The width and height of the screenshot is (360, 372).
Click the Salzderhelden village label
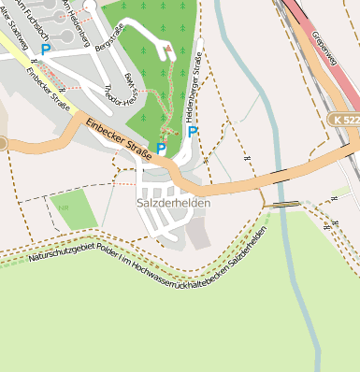pos(173,203)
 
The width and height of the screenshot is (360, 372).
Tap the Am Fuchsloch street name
pos(37,19)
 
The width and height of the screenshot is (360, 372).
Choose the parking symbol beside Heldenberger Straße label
pos(193,132)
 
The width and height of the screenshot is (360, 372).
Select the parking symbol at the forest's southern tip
pos(161,149)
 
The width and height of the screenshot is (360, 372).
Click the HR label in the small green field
pos(64,208)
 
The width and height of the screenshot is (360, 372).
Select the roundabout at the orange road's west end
pos(2,143)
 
